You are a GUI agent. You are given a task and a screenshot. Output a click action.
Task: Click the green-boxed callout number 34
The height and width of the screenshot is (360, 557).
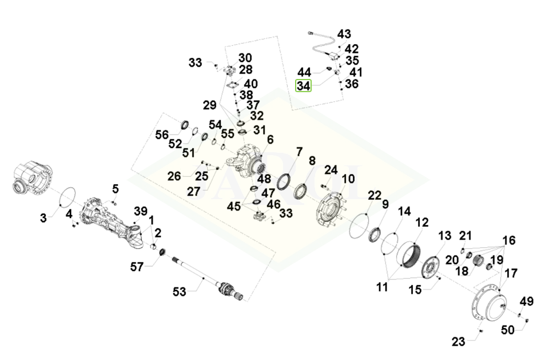point(303,86)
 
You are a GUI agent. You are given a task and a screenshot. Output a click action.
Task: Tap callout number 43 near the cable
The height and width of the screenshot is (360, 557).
point(344,34)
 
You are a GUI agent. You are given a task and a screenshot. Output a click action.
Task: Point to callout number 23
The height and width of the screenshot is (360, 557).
point(459,342)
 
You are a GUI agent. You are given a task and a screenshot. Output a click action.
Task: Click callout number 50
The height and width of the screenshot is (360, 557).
point(508,330)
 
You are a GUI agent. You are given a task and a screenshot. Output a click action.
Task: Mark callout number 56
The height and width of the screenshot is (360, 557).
point(162,135)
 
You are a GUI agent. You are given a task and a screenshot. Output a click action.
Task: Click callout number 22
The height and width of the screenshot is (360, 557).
point(375,196)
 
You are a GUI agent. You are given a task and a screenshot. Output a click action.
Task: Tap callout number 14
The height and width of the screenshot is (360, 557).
point(404,211)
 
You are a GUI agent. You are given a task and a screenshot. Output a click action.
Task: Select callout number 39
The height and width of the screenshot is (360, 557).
point(141,211)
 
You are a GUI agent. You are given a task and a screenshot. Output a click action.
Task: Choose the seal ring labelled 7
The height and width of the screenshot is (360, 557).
point(285,181)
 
